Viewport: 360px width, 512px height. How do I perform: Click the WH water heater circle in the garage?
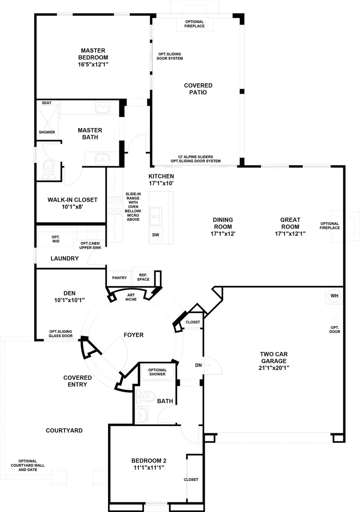coord(334,296)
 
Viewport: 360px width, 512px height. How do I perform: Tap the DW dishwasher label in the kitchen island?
coord(156,235)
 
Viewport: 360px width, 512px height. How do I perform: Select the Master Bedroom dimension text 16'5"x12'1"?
coord(93,64)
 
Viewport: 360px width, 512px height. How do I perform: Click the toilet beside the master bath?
coord(49,170)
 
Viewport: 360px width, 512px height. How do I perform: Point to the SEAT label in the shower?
coord(46,103)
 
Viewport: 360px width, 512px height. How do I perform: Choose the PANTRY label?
coord(119,278)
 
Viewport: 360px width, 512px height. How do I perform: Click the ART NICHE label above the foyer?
coord(131,297)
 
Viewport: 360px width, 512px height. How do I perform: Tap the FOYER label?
coord(134,335)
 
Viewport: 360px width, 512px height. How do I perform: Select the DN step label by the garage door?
coord(198,365)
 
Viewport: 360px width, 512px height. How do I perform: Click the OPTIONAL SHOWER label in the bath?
coord(157,372)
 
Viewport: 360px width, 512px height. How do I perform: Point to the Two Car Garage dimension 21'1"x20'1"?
coord(274,368)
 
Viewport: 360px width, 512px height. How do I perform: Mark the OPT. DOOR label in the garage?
coord(334,329)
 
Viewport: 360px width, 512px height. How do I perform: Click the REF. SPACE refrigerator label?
coord(143,277)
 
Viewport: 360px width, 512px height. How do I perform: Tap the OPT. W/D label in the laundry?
coord(56,239)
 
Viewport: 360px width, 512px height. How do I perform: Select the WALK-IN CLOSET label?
coord(72,200)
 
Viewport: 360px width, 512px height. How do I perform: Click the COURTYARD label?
coord(64,430)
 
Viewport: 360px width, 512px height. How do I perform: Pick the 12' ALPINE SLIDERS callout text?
coord(195,157)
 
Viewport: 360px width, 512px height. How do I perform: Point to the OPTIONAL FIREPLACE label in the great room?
coord(329,226)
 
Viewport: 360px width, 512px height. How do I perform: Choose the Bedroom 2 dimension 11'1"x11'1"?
coord(149,468)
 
